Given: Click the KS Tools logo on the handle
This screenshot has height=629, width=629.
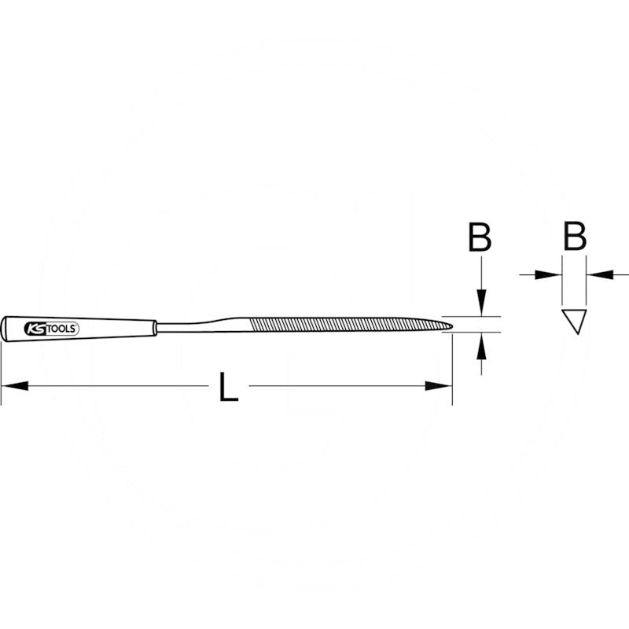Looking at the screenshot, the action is pyautogui.click(x=52, y=329).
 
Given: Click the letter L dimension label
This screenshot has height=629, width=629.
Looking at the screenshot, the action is pyautogui.click(x=229, y=387).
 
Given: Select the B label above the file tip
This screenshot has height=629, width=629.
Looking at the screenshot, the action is pyautogui.click(x=480, y=237).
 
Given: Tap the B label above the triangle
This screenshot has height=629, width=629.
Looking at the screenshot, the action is pyautogui.click(x=575, y=236).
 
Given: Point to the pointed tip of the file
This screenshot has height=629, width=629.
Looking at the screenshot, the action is pyautogui.click(x=453, y=326).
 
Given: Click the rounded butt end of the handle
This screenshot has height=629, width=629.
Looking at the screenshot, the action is pyautogui.click(x=3, y=329).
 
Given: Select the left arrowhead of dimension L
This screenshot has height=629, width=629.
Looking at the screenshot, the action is pyautogui.click(x=15, y=386).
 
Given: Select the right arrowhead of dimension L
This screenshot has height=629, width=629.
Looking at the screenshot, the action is pyautogui.click(x=439, y=386).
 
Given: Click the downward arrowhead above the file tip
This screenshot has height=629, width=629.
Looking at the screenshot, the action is pyautogui.click(x=482, y=303).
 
